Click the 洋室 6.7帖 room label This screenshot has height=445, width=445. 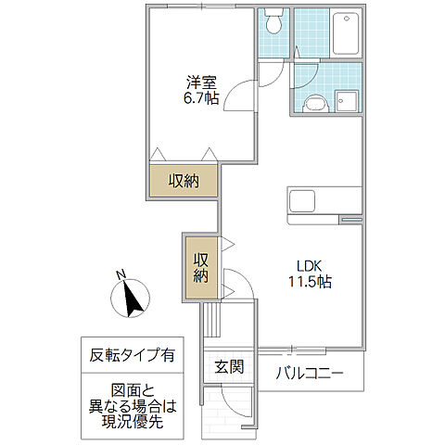[x=201, y=90]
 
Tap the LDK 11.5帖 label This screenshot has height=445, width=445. [x=310, y=274]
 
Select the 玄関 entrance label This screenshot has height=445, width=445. [x=229, y=367]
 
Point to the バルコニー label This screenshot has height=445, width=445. [x=310, y=374]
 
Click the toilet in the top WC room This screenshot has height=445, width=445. [x=273, y=21]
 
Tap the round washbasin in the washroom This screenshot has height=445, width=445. [x=315, y=104]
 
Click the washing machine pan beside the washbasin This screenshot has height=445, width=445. [x=348, y=101]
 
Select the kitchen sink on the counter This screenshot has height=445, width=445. [x=302, y=201]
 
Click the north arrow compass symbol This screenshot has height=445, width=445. [x=131, y=298]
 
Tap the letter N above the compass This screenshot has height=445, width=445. [x=121, y=274]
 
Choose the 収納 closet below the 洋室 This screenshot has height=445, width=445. [x=184, y=181]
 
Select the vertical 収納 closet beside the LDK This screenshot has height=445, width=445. [x=202, y=268]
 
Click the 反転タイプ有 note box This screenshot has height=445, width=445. [x=133, y=355]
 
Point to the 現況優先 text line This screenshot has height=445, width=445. [x=133, y=421]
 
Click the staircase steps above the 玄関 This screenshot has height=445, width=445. [x=212, y=320]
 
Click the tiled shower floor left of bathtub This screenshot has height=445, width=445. [x=311, y=32]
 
